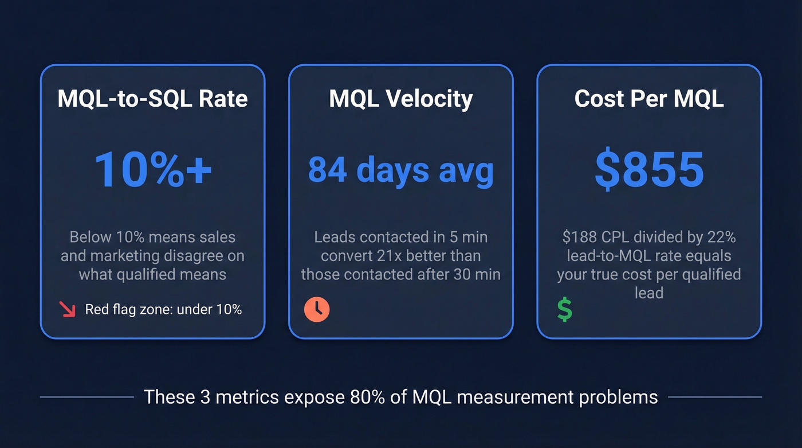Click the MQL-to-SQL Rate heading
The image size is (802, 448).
pyautogui.click(x=152, y=99)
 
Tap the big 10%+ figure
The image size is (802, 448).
pyautogui.click(x=153, y=169)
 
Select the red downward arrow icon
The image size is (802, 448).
pyautogui.click(x=68, y=310)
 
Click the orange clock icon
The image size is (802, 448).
pyautogui.click(x=317, y=310)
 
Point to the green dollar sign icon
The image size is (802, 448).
pyautogui.click(x=564, y=310)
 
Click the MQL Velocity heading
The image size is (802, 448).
pyautogui.click(x=401, y=99)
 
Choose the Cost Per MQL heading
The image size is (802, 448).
pyautogui.click(x=649, y=99)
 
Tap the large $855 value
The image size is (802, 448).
pyautogui.click(x=649, y=169)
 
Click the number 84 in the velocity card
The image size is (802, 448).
pyautogui.click(x=327, y=170)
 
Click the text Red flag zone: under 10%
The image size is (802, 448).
pyautogui.click(x=163, y=310)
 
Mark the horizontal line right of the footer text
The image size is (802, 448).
pyautogui.click(x=715, y=396)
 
